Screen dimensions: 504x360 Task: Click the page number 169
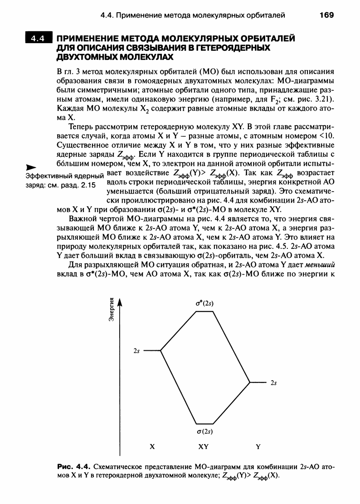326,15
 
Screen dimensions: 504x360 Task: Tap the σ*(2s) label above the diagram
202,304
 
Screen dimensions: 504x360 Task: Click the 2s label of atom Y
273,383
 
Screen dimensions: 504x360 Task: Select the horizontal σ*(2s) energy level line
202,312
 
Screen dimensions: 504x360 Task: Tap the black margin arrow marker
30,167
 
